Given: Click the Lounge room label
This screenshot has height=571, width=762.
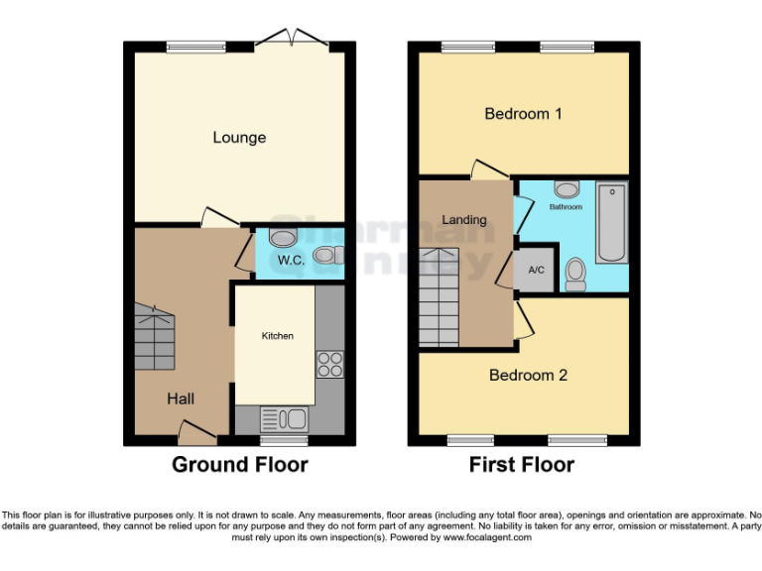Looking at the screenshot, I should coord(239,137).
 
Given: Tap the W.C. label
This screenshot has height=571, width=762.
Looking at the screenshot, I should coord(290,261).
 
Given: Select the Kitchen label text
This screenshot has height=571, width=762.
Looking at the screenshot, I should coord(278,336).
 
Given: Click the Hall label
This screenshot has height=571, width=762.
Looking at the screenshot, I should coord(181,399).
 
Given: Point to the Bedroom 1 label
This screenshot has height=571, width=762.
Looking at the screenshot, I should coord(523,114).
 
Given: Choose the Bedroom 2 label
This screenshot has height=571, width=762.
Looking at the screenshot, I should coord(528,376).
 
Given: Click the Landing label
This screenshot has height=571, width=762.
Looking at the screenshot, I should coord(464,219).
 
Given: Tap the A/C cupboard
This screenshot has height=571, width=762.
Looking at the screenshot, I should coord(537,270).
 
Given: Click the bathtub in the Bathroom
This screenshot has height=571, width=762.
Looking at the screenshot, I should coord(611,222).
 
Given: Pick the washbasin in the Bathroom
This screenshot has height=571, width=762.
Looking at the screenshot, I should coord(568,189).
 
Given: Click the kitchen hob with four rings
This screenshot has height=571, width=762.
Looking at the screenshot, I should coord(329,365).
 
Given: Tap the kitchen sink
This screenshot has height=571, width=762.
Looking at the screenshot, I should coord(284,418).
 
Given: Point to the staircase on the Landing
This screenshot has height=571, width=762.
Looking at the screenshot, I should coord(438,296).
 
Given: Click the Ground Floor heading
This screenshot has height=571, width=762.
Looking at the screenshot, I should coord(240,464).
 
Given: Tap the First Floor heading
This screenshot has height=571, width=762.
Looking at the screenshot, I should coord(523,464).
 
